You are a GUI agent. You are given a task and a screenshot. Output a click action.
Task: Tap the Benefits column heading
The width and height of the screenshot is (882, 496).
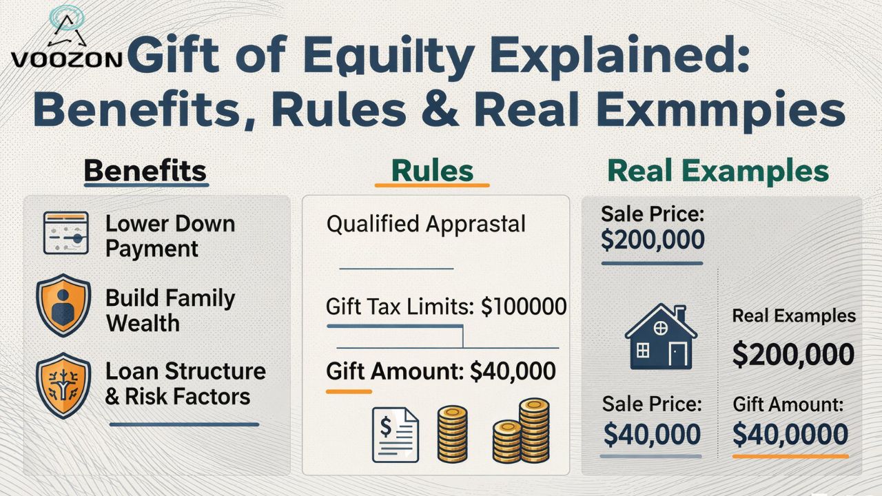[145, 171]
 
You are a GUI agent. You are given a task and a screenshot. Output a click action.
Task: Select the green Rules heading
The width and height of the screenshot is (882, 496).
[432, 171]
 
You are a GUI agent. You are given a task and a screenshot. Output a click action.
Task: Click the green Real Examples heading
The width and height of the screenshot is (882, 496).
[718, 171]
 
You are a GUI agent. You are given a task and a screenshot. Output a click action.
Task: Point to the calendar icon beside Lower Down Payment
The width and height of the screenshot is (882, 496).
[65, 234]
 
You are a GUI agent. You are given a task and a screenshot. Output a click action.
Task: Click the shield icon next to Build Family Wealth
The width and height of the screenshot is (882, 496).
[63, 304]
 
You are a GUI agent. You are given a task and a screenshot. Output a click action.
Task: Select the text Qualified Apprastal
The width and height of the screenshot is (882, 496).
[426, 224]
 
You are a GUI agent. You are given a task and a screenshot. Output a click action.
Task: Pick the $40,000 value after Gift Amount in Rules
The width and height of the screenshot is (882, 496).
[512, 371]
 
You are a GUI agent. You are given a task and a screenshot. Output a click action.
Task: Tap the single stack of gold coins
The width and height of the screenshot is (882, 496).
[453, 433]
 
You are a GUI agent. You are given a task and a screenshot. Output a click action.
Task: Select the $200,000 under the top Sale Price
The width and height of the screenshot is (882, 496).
[653, 239]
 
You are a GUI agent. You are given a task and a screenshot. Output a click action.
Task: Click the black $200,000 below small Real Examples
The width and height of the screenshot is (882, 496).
[792, 354]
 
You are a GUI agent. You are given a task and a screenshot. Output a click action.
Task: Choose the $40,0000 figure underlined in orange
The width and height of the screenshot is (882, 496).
[790, 435]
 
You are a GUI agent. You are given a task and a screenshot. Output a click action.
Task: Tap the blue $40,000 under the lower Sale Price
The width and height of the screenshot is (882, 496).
[652, 435]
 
